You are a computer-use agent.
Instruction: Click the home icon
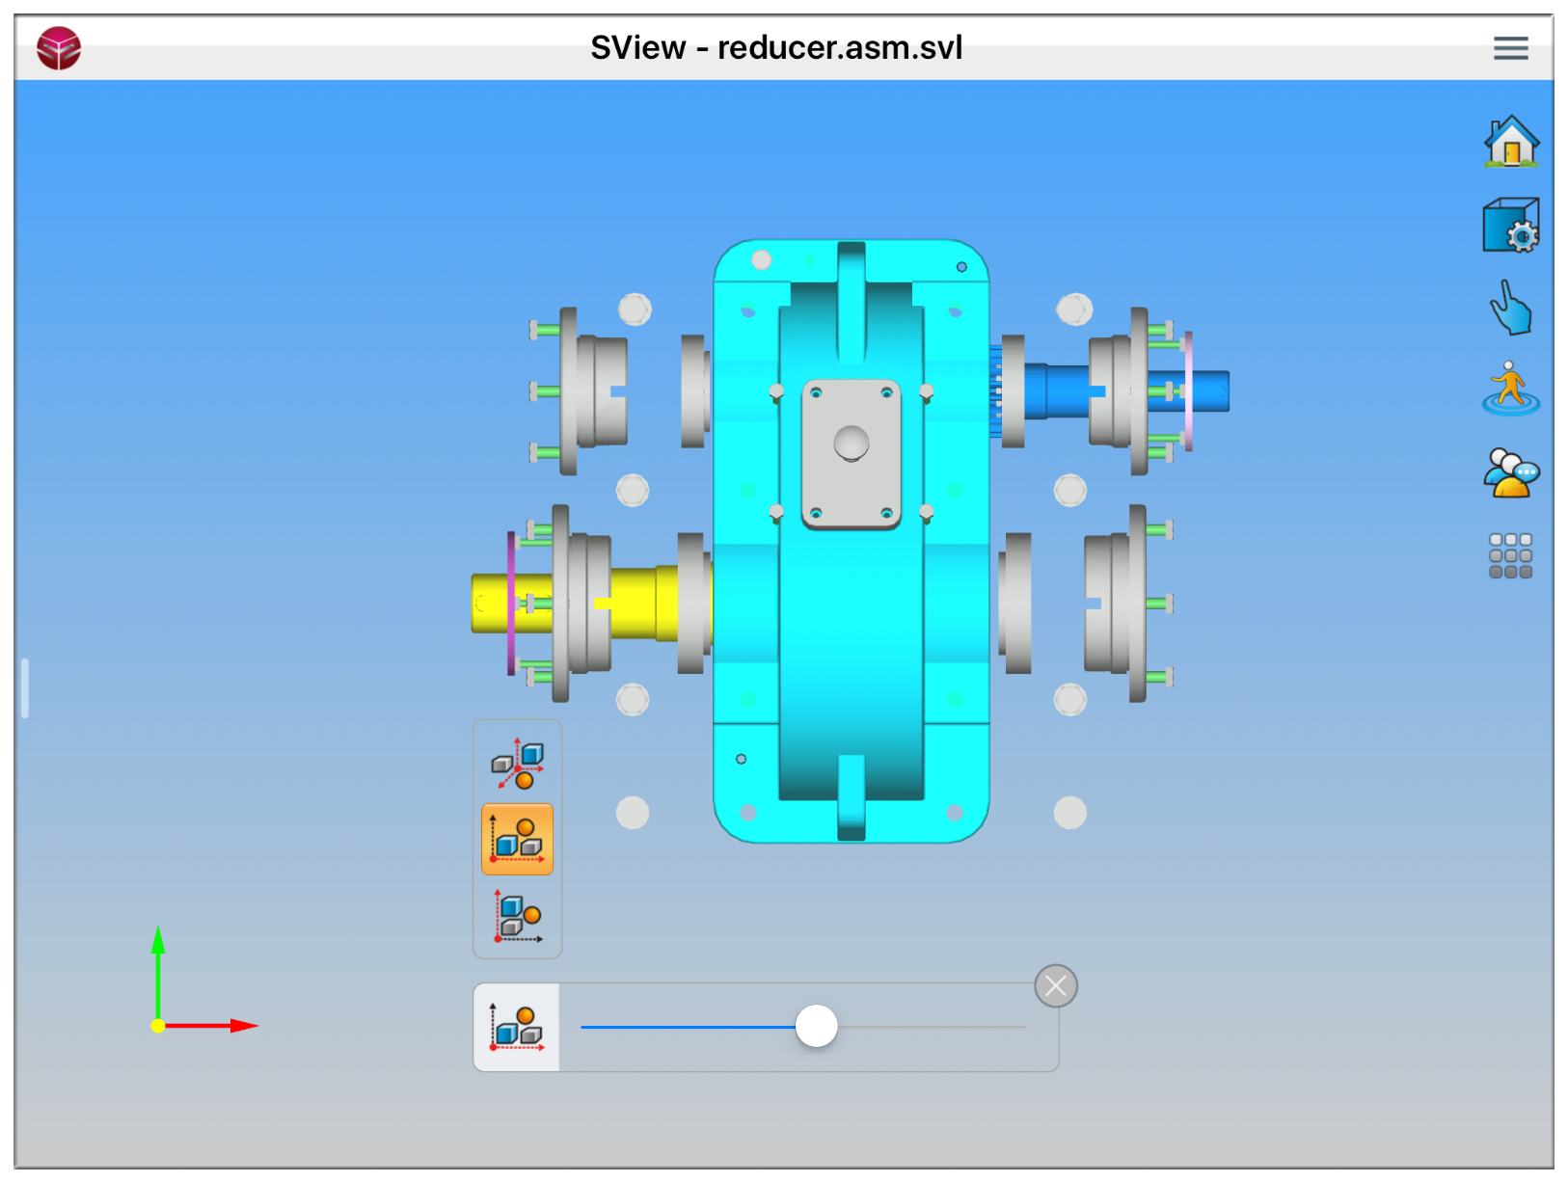(x=1510, y=142)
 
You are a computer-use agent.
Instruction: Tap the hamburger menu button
(x=1510, y=48)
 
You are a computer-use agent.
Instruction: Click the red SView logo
(x=59, y=48)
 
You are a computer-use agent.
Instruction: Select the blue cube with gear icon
(x=1510, y=225)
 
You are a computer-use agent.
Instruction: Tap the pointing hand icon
(x=1510, y=308)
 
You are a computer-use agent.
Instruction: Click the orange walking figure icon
(x=1510, y=390)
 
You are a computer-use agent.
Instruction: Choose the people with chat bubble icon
(x=1510, y=472)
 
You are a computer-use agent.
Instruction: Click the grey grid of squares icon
(x=1510, y=555)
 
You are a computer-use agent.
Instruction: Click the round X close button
(x=1055, y=986)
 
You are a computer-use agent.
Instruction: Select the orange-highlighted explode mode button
(x=517, y=839)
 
